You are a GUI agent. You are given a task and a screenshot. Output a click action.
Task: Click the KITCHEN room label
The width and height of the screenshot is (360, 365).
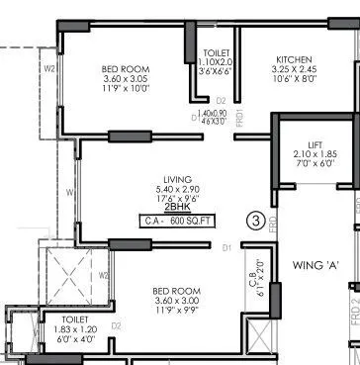[294, 59]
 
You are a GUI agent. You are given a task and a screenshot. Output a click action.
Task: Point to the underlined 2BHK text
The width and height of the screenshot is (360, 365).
[177, 209]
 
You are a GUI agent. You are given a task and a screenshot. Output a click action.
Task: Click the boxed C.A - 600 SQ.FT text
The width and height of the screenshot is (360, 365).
[177, 222]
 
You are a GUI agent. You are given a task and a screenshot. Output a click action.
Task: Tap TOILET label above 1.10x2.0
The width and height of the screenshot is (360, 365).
[217, 50]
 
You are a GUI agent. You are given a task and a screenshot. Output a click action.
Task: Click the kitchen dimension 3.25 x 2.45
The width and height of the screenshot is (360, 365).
[294, 70]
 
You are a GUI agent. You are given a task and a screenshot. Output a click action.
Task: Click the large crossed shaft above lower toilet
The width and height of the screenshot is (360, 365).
[72, 274]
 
